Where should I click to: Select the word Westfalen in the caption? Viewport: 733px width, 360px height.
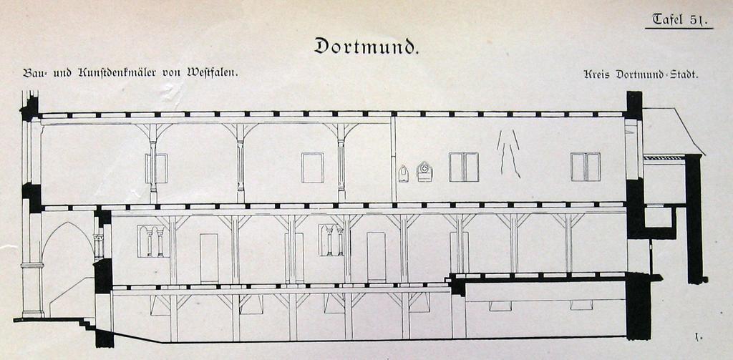(212, 73)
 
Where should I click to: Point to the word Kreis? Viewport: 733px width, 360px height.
(598, 74)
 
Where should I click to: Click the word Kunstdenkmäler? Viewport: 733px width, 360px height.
(127, 73)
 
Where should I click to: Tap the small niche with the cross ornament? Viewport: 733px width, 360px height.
(424, 171)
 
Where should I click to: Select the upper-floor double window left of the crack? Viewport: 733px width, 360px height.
(464, 167)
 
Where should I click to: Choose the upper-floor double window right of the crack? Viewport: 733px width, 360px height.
(586, 167)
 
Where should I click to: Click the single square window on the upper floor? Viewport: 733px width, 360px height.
(312, 167)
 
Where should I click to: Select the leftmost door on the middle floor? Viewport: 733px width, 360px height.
(209, 258)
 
